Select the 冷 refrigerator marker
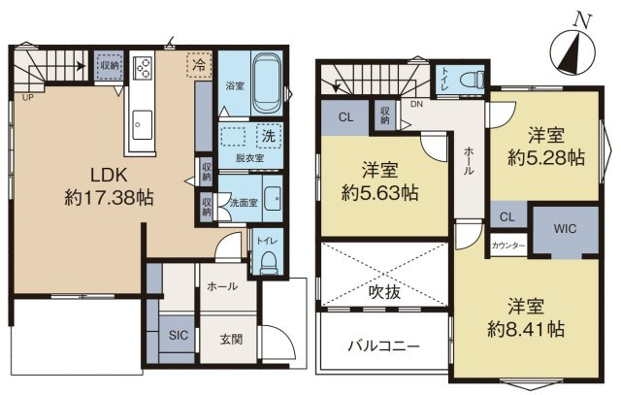coord(199,66)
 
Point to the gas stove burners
coord(142,68)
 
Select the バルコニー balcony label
coord(383,346)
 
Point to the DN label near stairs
coord(417,105)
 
